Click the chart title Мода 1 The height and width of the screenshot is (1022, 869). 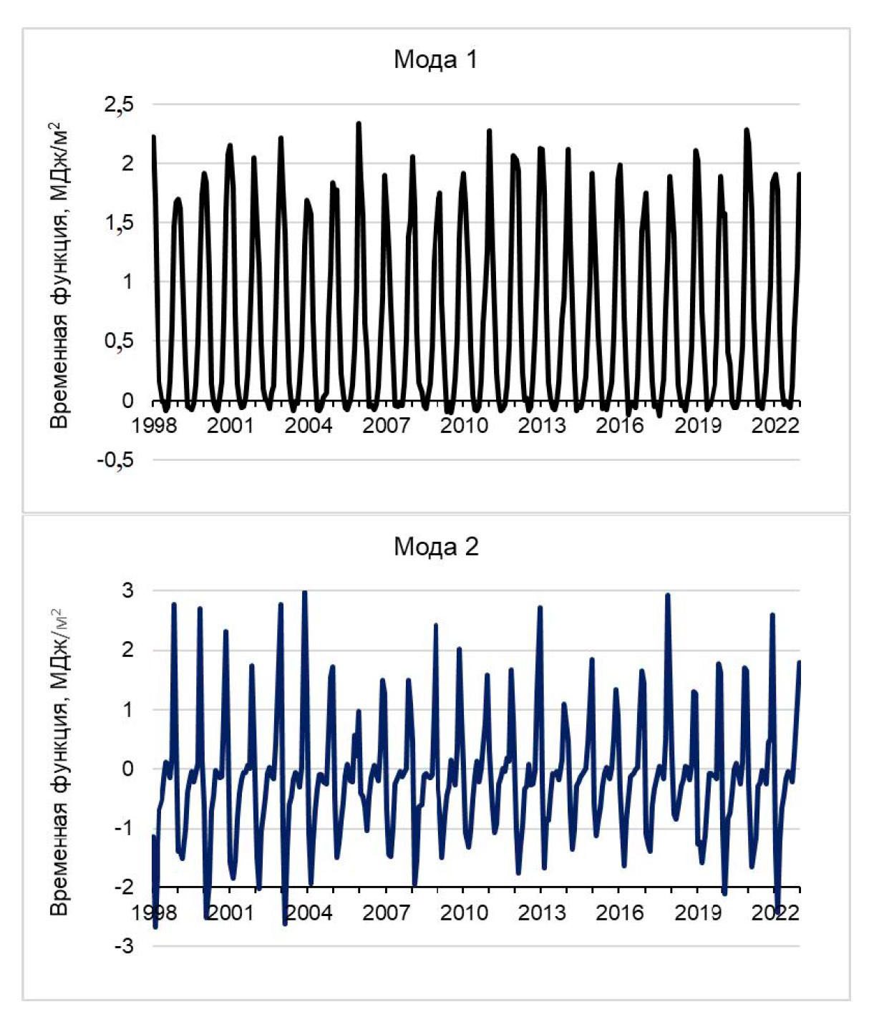coord(435,59)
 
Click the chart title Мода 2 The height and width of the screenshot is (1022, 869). coord(435,547)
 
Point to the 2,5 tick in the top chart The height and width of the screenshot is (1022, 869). coord(119,104)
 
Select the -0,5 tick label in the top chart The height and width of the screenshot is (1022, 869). coord(115,459)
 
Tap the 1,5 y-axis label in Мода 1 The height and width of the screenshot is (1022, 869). coord(119,223)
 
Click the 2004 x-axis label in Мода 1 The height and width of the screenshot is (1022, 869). coord(309,426)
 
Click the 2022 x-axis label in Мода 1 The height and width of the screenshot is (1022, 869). coord(775,426)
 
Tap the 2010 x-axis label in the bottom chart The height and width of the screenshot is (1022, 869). coord(464,913)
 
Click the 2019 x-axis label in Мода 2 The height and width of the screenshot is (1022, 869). coord(697,913)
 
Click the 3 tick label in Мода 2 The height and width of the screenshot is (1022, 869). coord(128,591)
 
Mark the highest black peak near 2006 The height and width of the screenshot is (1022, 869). coord(359,124)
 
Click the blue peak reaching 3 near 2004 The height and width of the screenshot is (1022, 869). coord(305,593)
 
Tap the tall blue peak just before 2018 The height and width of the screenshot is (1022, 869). coord(668,595)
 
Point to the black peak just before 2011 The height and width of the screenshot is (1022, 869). coord(490,131)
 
